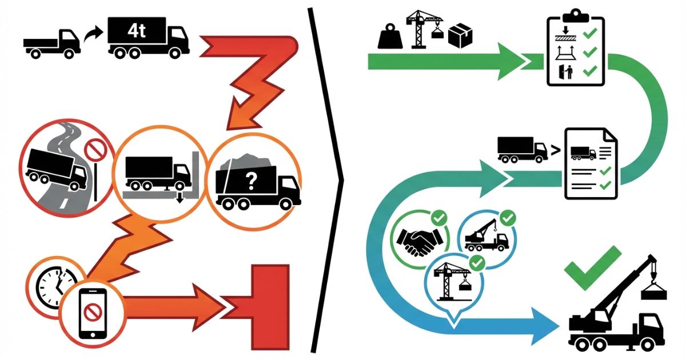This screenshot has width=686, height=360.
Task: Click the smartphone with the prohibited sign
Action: tap(92, 311)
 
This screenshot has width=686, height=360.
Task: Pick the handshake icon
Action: tap(418, 242)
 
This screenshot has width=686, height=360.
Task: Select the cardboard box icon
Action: tap(461, 36)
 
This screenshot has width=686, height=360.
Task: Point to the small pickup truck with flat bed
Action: tap(52, 43)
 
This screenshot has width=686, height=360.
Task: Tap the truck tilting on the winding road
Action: tap(54, 170)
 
